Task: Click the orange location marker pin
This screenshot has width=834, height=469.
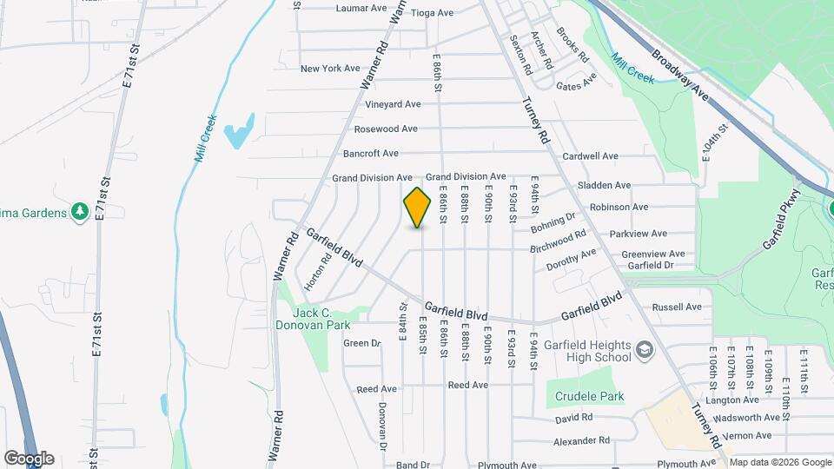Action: click(418, 207)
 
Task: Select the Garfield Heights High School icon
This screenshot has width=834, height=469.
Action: click(645, 350)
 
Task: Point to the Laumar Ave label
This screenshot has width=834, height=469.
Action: click(361, 10)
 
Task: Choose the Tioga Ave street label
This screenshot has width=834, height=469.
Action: click(433, 13)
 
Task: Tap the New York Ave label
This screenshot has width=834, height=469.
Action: click(330, 69)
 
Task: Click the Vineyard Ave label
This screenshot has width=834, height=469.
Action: click(393, 104)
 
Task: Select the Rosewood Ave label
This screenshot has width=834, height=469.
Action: click(386, 129)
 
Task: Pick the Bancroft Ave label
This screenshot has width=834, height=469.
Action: click(371, 154)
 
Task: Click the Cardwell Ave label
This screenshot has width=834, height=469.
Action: click(590, 156)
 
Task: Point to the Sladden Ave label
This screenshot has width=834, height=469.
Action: click(605, 185)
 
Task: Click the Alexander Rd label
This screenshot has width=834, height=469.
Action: click(582, 440)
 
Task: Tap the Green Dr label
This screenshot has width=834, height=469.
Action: click(362, 343)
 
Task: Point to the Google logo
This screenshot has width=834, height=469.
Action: click(28, 458)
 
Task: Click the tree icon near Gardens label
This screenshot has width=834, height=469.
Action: click(80, 210)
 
